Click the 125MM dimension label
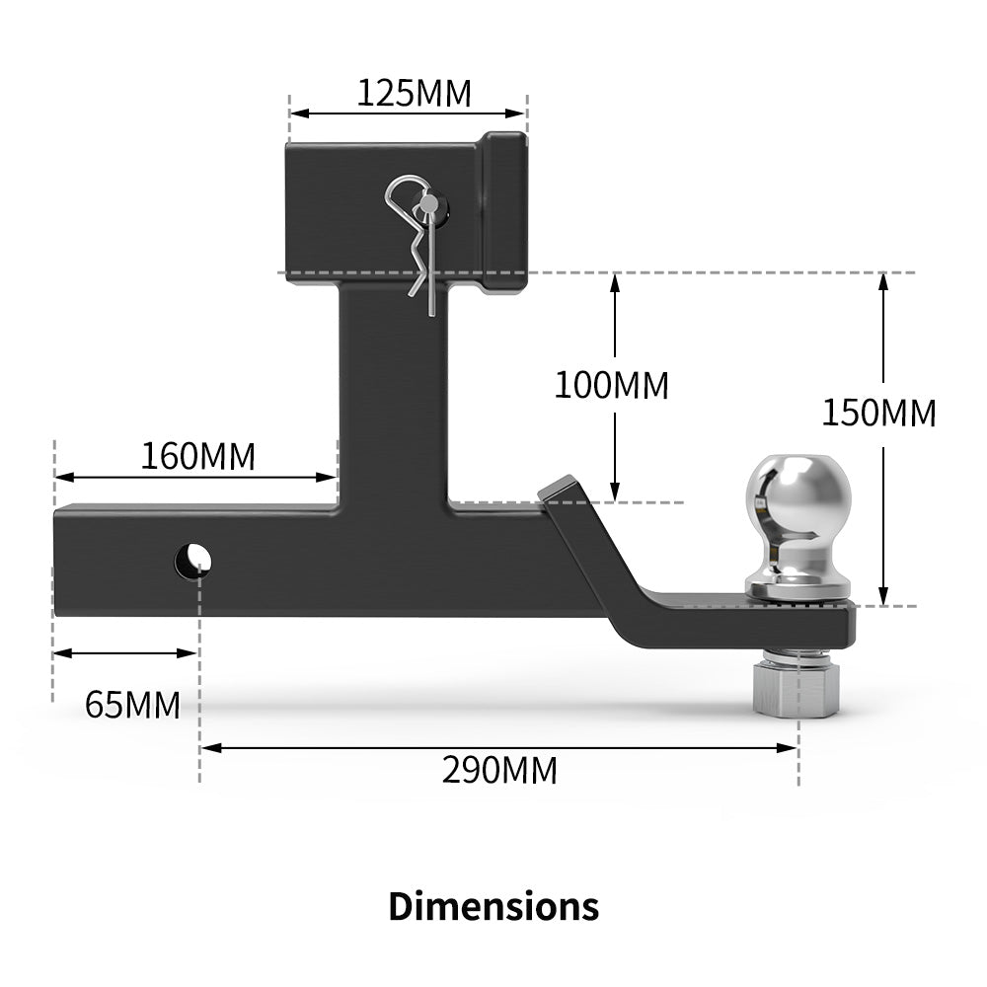coord(414,94)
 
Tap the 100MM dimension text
coord(611,385)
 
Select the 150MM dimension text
coord(878,413)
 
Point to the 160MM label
coord(197,457)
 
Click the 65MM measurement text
coord(132,705)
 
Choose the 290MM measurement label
coord(499,770)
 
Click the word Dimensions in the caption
coord(493,905)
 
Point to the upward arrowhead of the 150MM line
coord(884,280)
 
